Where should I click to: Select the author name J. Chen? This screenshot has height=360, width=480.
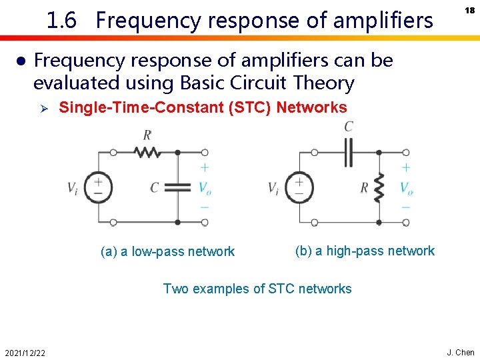[461, 352]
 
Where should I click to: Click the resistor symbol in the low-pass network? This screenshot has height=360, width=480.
[147, 153]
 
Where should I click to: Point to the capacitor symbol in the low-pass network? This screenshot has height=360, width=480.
[177, 187]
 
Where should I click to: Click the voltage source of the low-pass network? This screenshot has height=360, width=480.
[98, 186]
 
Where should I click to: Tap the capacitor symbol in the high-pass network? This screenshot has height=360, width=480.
[348, 153]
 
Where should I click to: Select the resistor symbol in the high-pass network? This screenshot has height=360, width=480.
[379, 187]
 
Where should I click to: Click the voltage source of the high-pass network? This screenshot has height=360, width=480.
[299, 187]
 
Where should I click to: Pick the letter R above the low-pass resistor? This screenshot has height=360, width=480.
[147, 135]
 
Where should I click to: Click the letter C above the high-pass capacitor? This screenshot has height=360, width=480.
[349, 127]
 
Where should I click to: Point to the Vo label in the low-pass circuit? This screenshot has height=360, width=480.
[205, 187]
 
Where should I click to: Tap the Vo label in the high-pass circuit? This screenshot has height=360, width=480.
[407, 187]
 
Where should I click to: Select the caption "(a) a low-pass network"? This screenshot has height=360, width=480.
[167, 251]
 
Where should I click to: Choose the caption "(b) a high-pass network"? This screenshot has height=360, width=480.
[365, 251]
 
